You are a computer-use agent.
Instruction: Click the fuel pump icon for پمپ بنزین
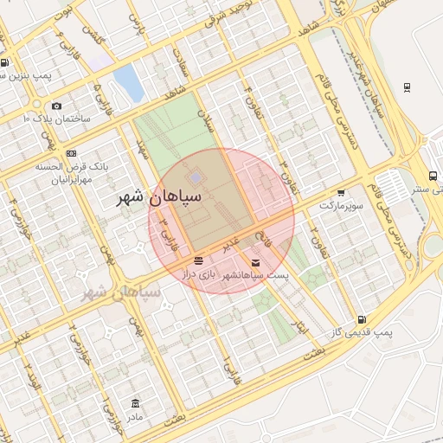(x=5, y=62)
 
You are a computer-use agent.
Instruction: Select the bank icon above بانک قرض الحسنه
(x=71, y=153)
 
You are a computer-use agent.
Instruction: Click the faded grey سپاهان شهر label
(x=121, y=292)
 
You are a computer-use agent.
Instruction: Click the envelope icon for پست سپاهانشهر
(x=254, y=261)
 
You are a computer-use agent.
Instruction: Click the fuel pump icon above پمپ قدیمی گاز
(x=360, y=320)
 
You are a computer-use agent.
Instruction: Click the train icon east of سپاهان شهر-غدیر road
(x=407, y=87)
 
